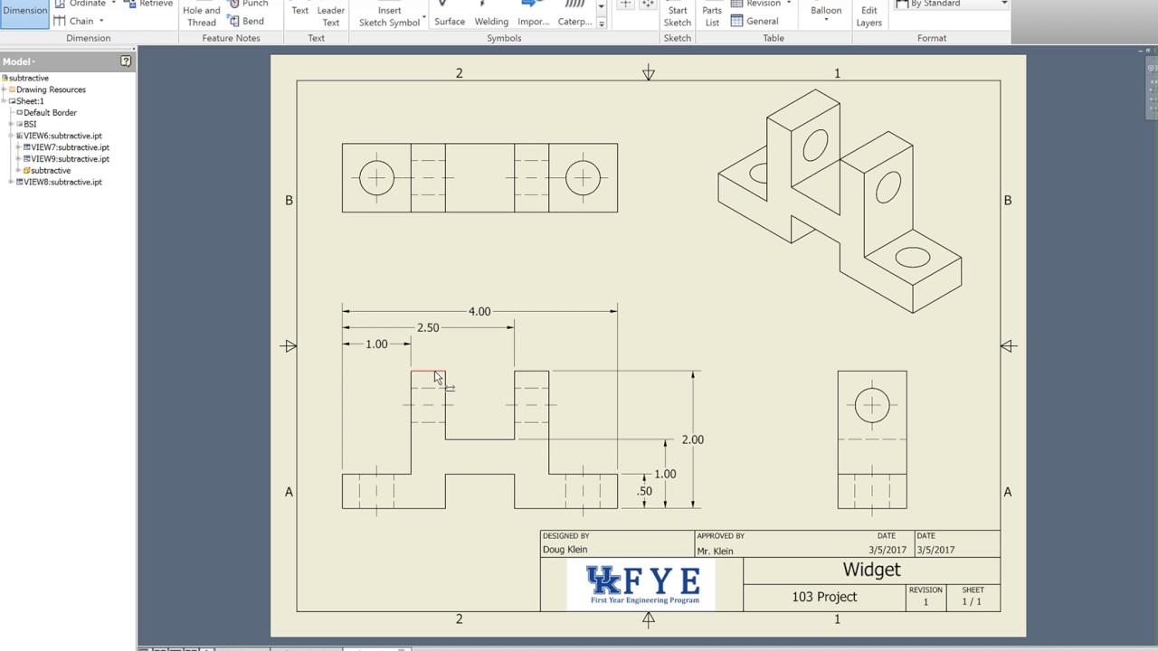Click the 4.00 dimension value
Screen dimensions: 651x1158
pyautogui.click(x=479, y=311)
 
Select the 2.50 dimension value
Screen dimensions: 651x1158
pyautogui.click(x=427, y=327)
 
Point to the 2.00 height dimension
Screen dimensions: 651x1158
pyautogui.click(x=692, y=439)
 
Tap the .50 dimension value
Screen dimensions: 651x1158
pyautogui.click(x=644, y=491)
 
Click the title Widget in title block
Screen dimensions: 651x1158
pyautogui.click(x=871, y=570)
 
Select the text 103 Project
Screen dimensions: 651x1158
pyautogui.click(x=823, y=597)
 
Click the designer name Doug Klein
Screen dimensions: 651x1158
pyautogui.click(x=565, y=550)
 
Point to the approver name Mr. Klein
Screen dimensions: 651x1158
pyautogui.click(x=715, y=551)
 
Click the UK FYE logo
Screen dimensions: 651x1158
pyautogui.click(x=641, y=585)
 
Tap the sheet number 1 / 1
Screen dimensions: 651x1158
pyautogui.click(x=973, y=602)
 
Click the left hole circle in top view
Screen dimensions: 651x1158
pyautogui.click(x=376, y=177)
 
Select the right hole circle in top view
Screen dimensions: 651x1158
pyautogui.click(x=583, y=177)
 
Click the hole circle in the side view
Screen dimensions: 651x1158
pyautogui.click(x=872, y=405)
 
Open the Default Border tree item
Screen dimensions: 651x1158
pyautogui.click(x=50, y=113)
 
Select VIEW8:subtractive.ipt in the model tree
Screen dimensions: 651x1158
pyautogui.click(x=62, y=182)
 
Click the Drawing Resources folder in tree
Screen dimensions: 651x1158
pyautogui.click(x=51, y=90)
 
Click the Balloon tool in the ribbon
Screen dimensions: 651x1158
pyautogui.click(x=825, y=12)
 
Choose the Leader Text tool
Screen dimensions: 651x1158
pyautogui.click(x=331, y=15)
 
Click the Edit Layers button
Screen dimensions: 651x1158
pyautogui.click(x=868, y=15)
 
